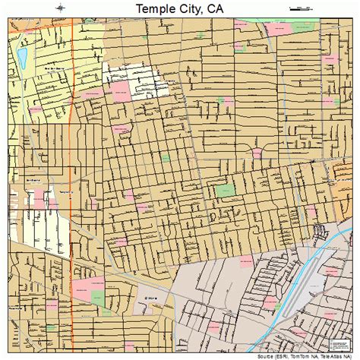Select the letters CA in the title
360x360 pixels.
pyautogui.click(x=219, y=8)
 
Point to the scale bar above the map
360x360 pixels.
pyautogui.click(x=301, y=8)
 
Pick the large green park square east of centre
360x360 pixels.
pyautogui.click(x=225, y=190)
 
